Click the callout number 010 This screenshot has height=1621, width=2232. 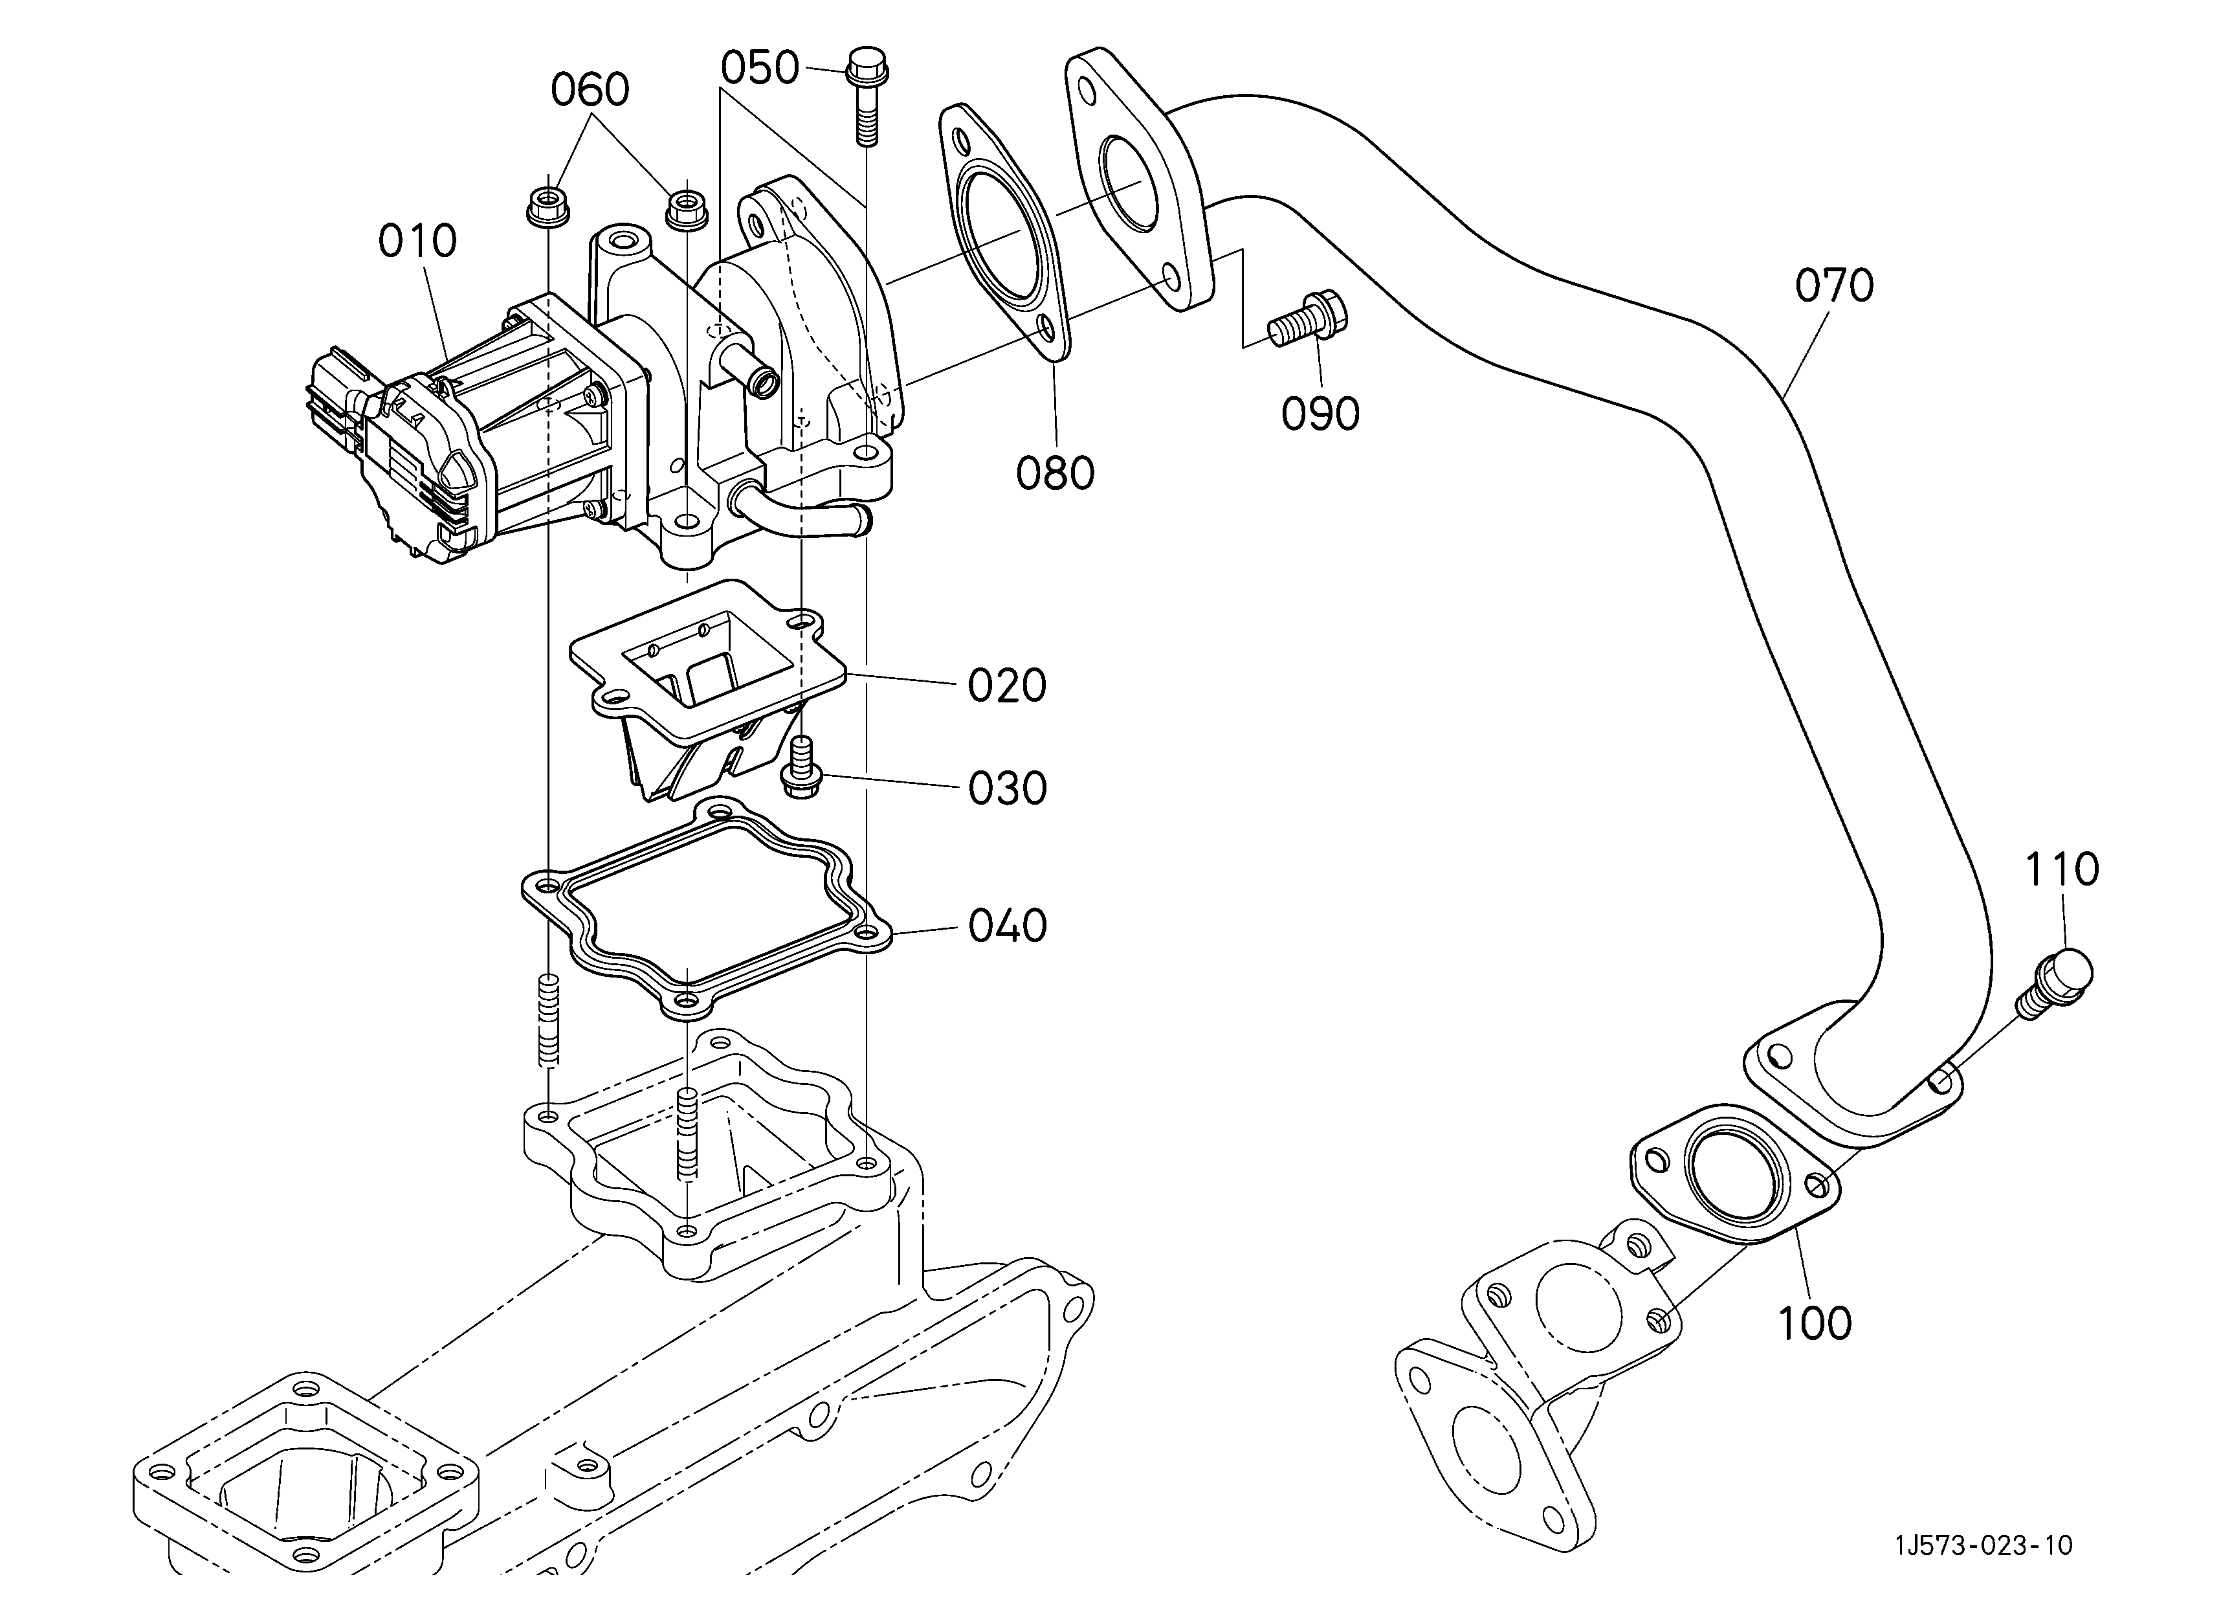(x=418, y=241)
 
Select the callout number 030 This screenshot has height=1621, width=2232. (x=1007, y=789)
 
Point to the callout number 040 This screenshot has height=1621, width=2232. (x=1007, y=926)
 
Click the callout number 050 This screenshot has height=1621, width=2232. (x=760, y=69)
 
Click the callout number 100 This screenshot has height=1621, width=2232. (x=1815, y=1324)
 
